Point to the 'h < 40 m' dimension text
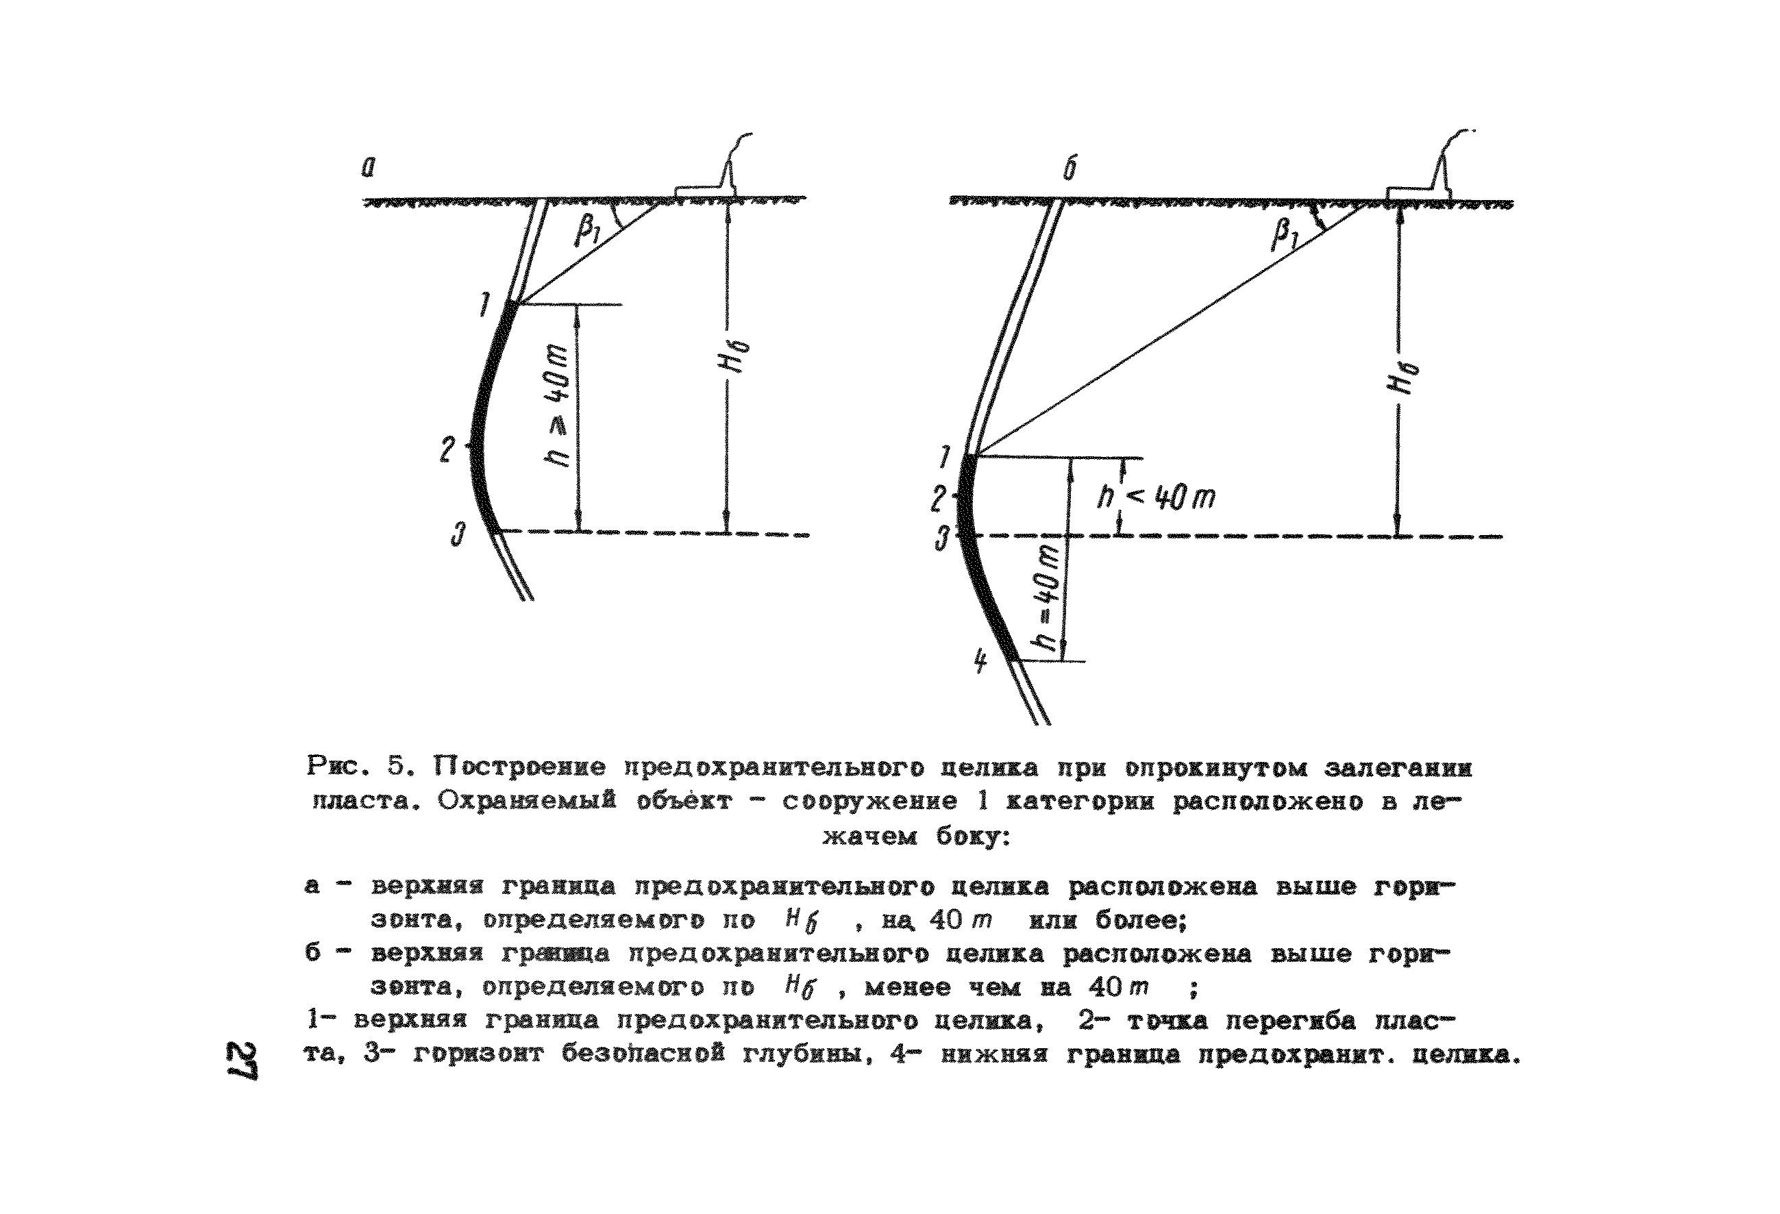pyautogui.click(x=1156, y=498)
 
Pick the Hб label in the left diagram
pyautogui.click(x=736, y=357)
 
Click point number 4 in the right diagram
pyautogui.click(x=980, y=660)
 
